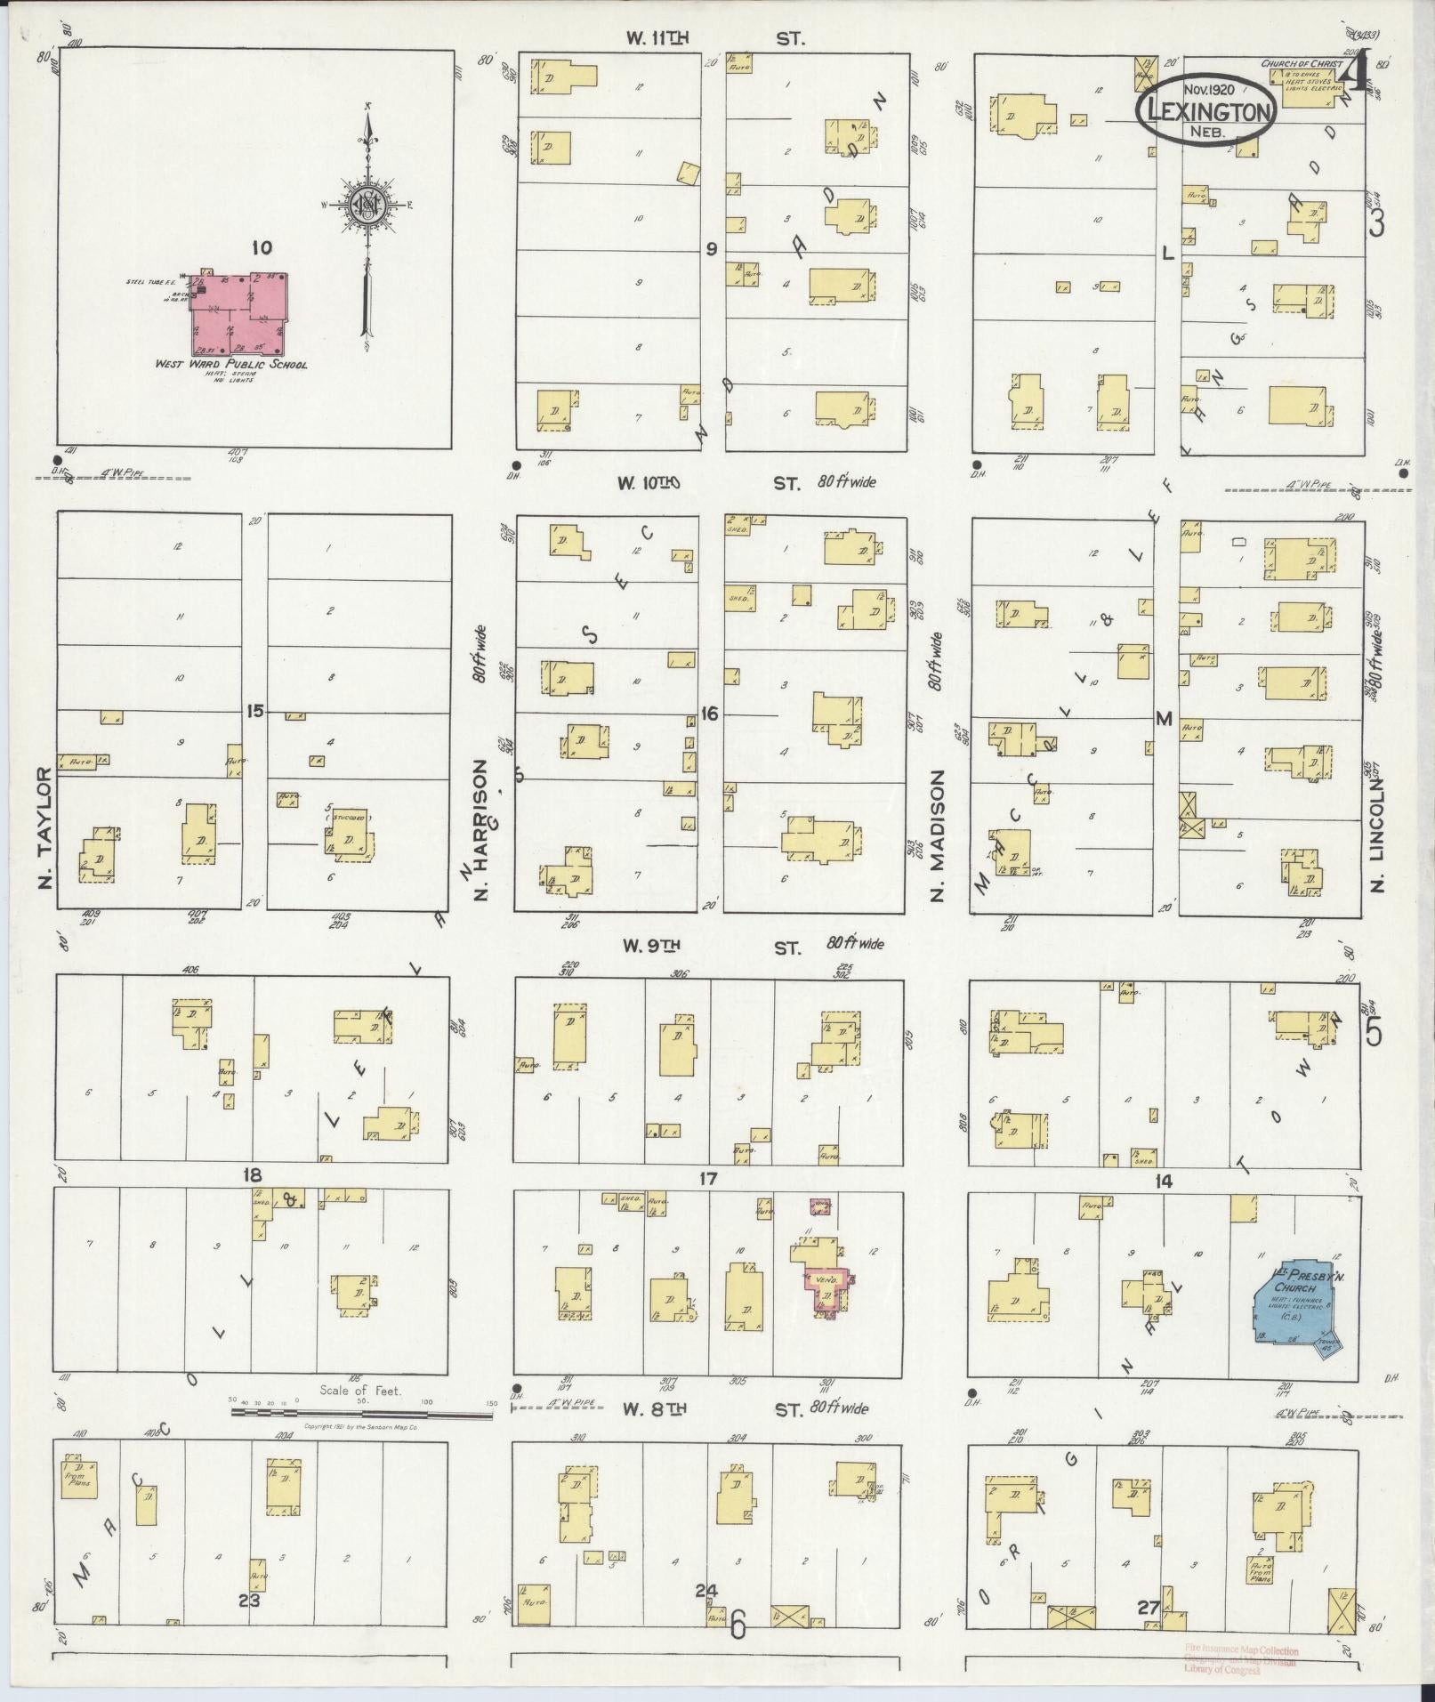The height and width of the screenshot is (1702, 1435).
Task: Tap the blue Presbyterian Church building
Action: point(1291,1301)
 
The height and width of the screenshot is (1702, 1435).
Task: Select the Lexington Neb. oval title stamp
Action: point(1206,108)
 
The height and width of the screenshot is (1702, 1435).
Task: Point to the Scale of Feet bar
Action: point(360,1411)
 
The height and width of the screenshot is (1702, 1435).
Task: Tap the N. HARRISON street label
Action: point(481,829)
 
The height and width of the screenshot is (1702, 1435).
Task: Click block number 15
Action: point(255,711)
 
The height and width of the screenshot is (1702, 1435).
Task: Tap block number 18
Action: point(253,1175)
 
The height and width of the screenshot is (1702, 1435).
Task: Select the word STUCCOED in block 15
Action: point(347,815)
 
